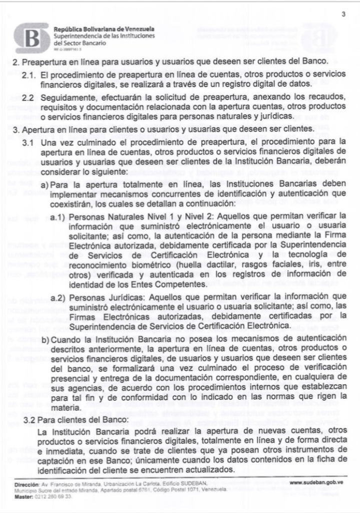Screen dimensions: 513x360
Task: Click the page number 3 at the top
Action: [x=343, y=14]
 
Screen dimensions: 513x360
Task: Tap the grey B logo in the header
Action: [x=32, y=38]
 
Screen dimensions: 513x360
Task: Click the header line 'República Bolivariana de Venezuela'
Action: [x=104, y=30]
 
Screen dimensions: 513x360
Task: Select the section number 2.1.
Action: [x=30, y=75]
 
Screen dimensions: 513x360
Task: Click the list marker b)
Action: [x=44, y=339]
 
